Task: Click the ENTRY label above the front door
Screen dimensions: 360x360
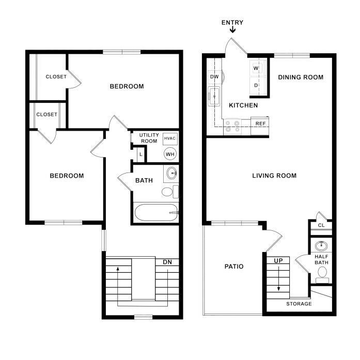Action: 232,23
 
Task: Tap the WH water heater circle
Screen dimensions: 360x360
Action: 170,154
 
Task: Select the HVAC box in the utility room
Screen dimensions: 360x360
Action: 170,138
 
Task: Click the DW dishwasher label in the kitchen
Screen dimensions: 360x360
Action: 214,76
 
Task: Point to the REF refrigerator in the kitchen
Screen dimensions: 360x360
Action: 260,126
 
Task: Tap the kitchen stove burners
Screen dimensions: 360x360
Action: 232,127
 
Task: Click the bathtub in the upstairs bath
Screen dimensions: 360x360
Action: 156,213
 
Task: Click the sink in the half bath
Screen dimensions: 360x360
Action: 321,246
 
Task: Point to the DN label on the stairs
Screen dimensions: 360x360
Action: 167,262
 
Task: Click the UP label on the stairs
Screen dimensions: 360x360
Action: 278,261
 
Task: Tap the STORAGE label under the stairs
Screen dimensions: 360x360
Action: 299,304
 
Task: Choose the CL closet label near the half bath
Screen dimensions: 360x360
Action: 321,225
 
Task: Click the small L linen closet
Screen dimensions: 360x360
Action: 140,154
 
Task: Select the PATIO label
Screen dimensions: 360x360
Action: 234,267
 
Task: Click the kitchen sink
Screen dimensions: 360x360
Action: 214,97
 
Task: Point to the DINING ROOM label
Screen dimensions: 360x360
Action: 301,77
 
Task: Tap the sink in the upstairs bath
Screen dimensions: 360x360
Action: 171,173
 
